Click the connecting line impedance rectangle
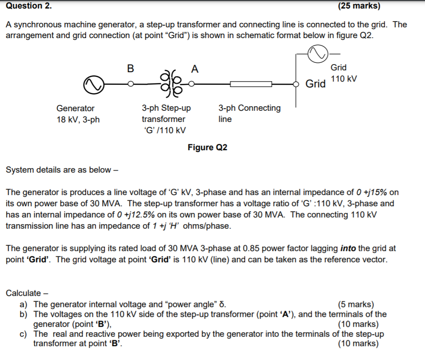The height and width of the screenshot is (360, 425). click(251, 84)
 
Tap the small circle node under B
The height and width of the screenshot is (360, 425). click(130, 84)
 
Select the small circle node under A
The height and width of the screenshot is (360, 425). click(192, 83)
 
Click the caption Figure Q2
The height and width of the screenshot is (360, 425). click(207, 147)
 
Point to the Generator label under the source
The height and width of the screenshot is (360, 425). click(75, 108)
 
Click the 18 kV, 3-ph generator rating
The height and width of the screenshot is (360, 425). click(78, 119)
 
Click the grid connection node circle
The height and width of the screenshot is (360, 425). click(295, 84)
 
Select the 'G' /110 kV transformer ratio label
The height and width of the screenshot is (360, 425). click(164, 130)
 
